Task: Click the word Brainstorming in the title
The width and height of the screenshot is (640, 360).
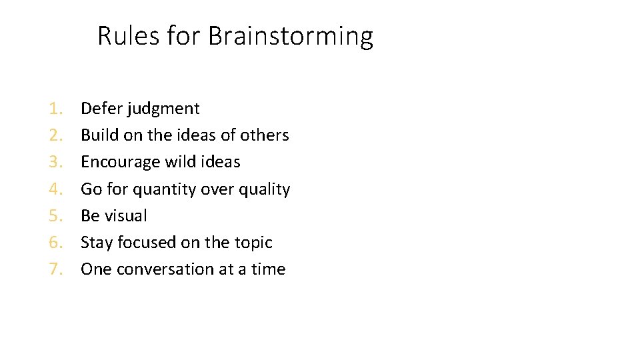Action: (x=291, y=36)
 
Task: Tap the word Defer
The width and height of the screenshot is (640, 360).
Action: (x=101, y=109)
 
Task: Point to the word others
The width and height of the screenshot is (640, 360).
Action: (x=265, y=135)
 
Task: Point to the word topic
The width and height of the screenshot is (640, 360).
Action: (x=252, y=243)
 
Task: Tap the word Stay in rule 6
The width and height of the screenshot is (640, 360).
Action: (x=97, y=243)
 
